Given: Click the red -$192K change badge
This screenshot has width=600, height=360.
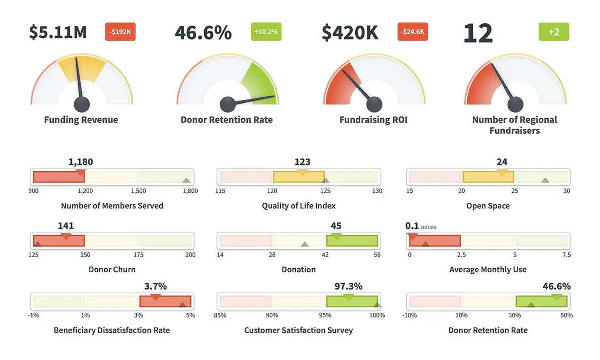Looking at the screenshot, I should pos(120,32).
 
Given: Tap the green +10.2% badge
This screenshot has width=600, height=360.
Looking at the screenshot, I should pos(266,32).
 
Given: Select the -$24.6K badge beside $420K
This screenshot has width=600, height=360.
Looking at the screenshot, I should pos(413,32).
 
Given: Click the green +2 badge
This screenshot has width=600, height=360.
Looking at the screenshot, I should pos(553,32).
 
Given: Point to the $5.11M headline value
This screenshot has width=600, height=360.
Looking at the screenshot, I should pos(58,32).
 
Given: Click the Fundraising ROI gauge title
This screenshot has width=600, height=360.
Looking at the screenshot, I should pos(373,120).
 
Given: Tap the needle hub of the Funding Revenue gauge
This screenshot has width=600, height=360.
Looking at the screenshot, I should pos(82,104).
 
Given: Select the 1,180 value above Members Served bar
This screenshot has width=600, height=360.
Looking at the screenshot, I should pos(81,162).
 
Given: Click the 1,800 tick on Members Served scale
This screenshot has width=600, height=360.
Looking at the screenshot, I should pos(191,191).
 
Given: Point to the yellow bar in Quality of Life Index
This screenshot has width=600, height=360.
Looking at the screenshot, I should pos(298,177).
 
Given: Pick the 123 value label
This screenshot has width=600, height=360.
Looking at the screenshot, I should pos(302,162).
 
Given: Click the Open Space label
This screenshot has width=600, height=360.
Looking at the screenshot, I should pos(488,206).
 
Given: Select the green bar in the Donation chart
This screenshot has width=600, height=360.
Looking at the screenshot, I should pos(353,240).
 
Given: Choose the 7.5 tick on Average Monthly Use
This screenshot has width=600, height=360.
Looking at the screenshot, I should pos(566,255).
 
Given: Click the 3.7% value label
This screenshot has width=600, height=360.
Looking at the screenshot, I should pos(155,286).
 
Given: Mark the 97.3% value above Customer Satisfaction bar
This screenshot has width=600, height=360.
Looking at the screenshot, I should pos(348,286).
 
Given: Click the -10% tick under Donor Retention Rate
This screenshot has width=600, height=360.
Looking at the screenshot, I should pos(409,315).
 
